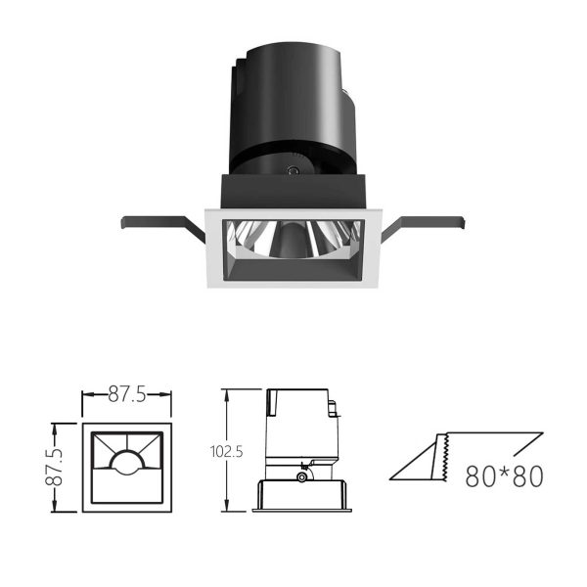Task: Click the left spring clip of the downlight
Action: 161,224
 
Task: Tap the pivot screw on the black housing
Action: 293,170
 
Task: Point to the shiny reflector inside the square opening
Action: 293,238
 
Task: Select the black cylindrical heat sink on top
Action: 292,109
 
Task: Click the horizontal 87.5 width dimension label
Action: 127,394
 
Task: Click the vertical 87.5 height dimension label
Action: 54,468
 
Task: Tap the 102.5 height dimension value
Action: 227,451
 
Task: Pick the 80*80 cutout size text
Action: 504,476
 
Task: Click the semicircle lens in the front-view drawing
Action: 127,461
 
